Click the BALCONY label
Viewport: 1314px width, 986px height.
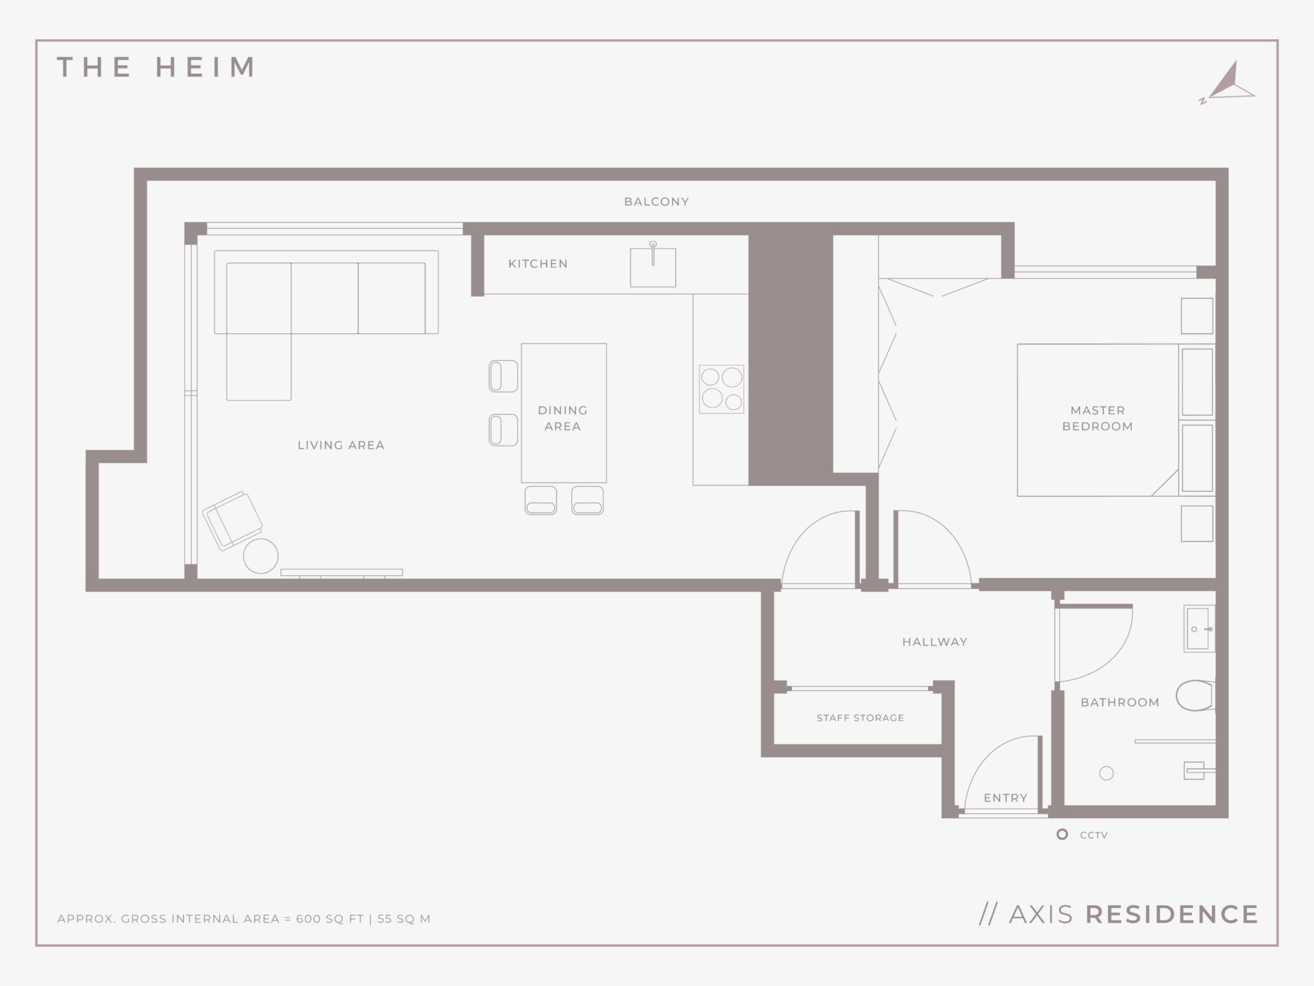(656, 201)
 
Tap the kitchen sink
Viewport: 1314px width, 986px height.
(653, 267)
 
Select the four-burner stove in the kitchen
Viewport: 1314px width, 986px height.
(721, 389)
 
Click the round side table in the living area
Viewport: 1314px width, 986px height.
(260, 555)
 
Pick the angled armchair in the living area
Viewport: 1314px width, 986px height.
(232, 520)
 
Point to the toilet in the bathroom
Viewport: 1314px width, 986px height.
(1195, 696)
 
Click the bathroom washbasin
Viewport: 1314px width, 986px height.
(1199, 629)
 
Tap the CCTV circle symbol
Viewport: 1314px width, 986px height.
(1062, 834)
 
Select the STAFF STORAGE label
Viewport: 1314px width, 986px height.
(860, 718)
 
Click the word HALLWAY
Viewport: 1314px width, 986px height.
(934, 642)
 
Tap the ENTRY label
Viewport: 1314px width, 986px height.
(1005, 798)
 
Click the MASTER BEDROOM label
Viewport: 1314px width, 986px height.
(1098, 418)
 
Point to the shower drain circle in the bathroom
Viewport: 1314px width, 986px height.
(1106, 773)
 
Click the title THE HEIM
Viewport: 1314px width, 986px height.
(156, 67)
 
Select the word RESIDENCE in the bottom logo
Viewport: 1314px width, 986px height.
(1172, 914)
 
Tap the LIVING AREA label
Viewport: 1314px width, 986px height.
(340, 445)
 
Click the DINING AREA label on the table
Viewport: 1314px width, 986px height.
(562, 418)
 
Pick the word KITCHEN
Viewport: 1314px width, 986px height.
(538, 264)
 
